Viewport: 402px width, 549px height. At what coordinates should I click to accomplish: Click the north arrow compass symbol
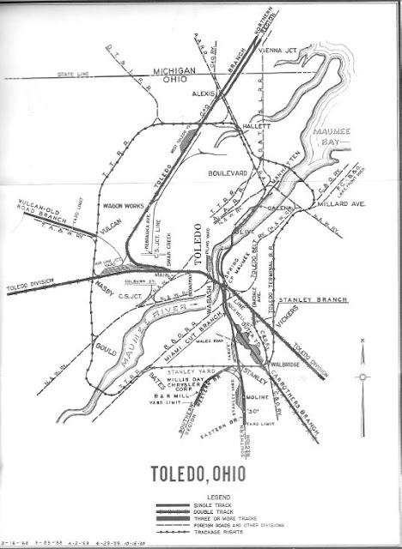[x=363, y=375]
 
